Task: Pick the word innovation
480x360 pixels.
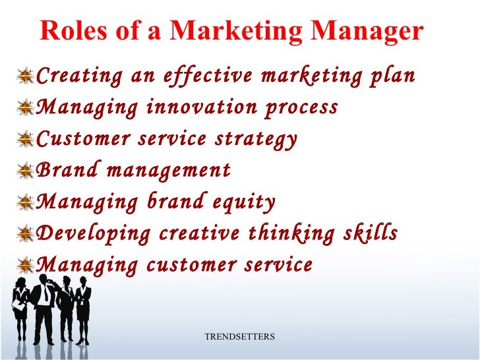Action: (191, 107)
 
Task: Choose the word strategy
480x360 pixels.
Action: (260, 140)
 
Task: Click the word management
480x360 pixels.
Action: (169, 171)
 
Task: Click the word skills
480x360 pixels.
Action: (375, 234)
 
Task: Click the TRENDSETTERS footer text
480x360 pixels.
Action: (239, 337)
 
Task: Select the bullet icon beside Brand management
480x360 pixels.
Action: (26, 171)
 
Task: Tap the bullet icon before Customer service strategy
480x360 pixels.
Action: (26, 140)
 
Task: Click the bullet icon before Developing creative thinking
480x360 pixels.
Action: (26, 235)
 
